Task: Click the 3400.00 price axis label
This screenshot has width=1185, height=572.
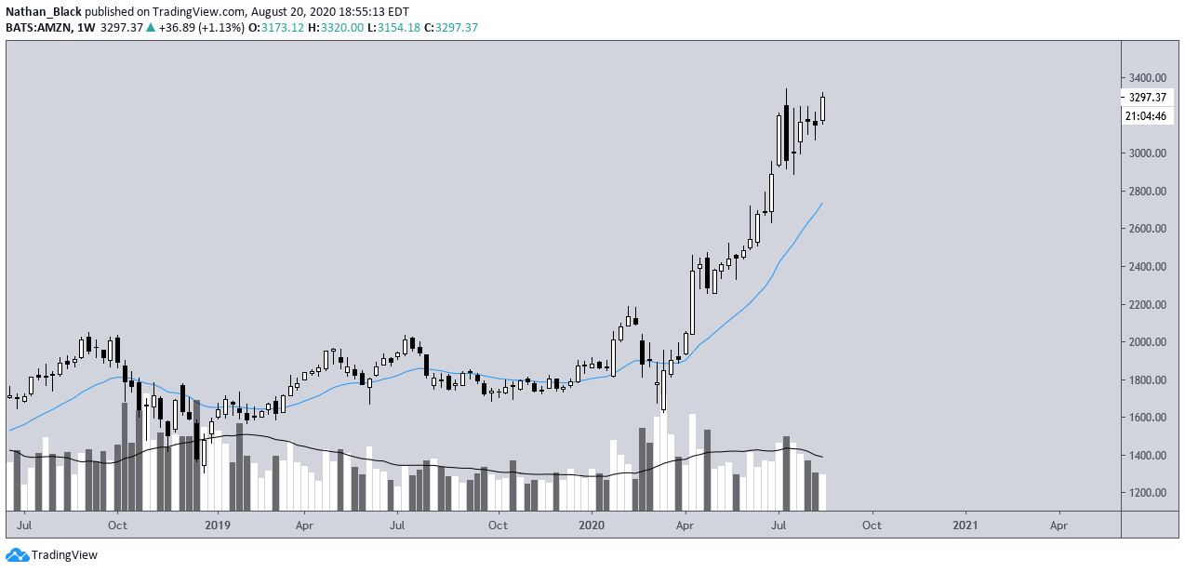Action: click(x=1147, y=78)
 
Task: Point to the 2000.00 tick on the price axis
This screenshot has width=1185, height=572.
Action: click(x=1147, y=342)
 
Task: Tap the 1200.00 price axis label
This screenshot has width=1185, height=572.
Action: click(x=1147, y=493)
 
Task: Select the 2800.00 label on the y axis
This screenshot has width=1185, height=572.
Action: click(x=1147, y=191)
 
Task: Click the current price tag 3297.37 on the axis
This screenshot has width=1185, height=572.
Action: click(x=1147, y=98)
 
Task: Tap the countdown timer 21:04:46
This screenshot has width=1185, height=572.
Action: click(x=1146, y=116)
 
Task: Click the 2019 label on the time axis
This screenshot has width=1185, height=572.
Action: click(x=218, y=525)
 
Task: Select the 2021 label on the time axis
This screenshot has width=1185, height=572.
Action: click(x=965, y=525)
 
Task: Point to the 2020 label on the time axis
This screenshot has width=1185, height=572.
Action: click(x=592, y=525)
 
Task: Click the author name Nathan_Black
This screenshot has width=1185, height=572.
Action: click(x=44, y=12)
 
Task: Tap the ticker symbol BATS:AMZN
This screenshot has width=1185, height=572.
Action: click(x=39, y=28)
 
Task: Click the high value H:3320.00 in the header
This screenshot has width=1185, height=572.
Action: click(x=336, y=28)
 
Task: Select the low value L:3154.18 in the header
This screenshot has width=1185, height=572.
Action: click(x=394, y=28)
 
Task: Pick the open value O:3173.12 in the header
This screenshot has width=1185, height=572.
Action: click(x=274, y=28)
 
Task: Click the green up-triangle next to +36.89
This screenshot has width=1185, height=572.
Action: click(x=151, y=28)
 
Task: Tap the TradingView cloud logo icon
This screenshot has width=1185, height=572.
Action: click(x=17, y=554)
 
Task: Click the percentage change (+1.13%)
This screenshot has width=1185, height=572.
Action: click(x=221, y=28)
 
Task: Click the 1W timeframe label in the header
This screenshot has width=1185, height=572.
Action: click(x=86, y=28)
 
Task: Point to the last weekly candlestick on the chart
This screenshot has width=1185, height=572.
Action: click(x=822, y=109)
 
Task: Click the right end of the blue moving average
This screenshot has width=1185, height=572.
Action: click(x=822, y=203)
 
